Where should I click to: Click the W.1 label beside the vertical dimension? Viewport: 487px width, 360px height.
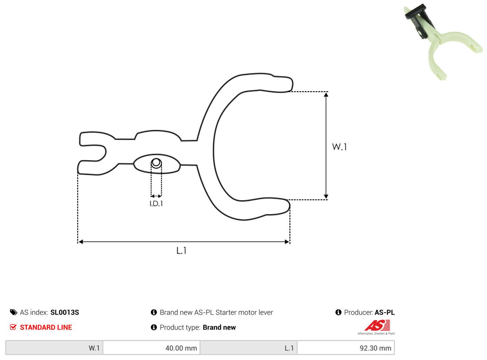[339, 147]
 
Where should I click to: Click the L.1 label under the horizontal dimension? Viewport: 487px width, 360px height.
[181, 250]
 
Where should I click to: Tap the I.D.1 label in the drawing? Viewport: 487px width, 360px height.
[156, 204]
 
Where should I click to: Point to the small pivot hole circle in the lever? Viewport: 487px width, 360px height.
[156, 163]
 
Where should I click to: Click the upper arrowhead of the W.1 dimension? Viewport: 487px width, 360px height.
[326, 95]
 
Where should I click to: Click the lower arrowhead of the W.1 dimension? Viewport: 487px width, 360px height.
[326, 196]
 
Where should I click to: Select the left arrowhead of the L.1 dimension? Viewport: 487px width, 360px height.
[81, 242]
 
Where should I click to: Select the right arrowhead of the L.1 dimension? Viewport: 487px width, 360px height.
[287, 242]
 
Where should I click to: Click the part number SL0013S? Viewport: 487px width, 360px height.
[64, 312]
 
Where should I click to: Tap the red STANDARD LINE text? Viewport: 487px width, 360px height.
[46, 327]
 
